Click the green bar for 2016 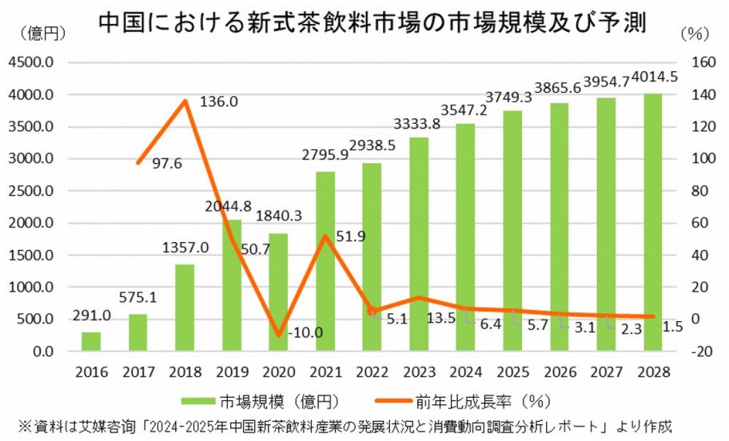coord(91,342)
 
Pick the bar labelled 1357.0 coord(185,308)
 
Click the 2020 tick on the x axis coord(279,371)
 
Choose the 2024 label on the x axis coord(466,371)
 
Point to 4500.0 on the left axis coord(31,63)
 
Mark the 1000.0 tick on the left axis coord(31,288)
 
